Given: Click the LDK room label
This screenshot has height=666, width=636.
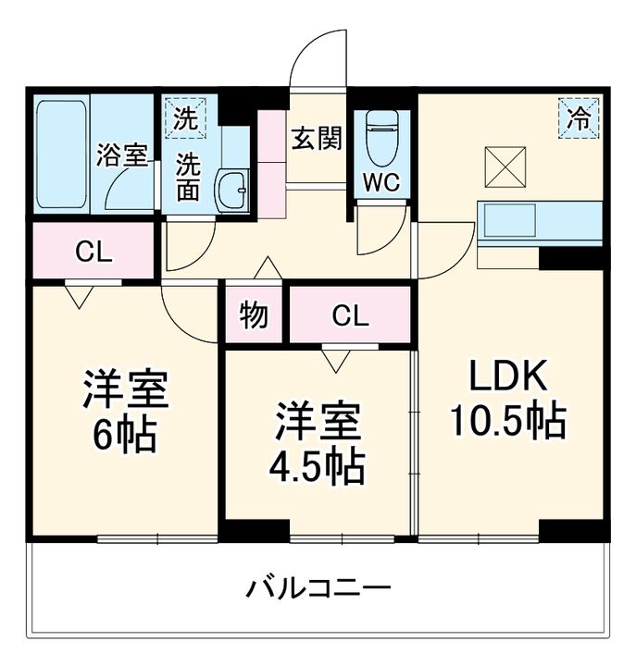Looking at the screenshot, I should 506,377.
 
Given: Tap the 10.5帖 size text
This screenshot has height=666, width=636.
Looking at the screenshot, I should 507,423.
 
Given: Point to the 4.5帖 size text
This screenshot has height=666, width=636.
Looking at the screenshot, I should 318,467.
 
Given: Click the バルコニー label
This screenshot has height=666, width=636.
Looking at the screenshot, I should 318,588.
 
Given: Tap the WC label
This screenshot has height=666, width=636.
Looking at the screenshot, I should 380,182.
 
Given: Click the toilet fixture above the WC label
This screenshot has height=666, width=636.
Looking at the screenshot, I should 380,136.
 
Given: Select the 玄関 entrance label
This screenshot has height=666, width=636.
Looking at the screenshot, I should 317,138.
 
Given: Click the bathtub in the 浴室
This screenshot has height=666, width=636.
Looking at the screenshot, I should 61,153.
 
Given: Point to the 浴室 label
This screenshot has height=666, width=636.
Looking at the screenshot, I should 122,154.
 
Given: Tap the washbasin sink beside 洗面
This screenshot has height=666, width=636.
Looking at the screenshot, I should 231,191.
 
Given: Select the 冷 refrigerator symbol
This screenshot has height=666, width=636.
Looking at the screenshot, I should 578,118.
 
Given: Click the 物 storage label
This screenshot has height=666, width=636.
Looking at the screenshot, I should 254,315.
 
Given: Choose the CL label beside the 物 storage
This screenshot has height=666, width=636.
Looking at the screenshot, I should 350,316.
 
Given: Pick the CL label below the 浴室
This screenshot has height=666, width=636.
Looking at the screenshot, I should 94,251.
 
